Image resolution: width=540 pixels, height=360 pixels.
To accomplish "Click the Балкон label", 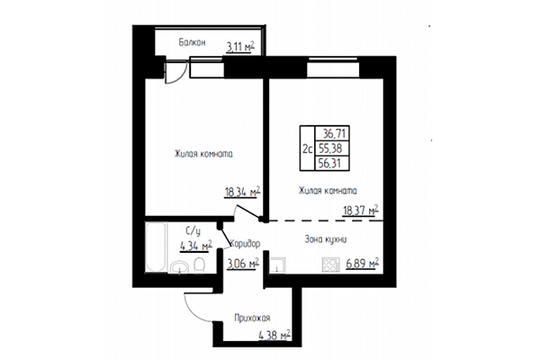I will [192, 41].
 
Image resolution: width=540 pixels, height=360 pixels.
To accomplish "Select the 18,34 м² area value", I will [242, 191].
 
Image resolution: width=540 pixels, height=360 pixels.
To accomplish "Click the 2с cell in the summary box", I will [308, 147].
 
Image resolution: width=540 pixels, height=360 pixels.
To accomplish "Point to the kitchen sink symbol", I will [280, 264].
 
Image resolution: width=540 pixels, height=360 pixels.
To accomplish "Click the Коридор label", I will [245, 244].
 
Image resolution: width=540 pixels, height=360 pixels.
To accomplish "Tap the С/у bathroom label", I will [193, 230].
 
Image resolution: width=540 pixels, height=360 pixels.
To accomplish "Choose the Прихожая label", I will [252, 317].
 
